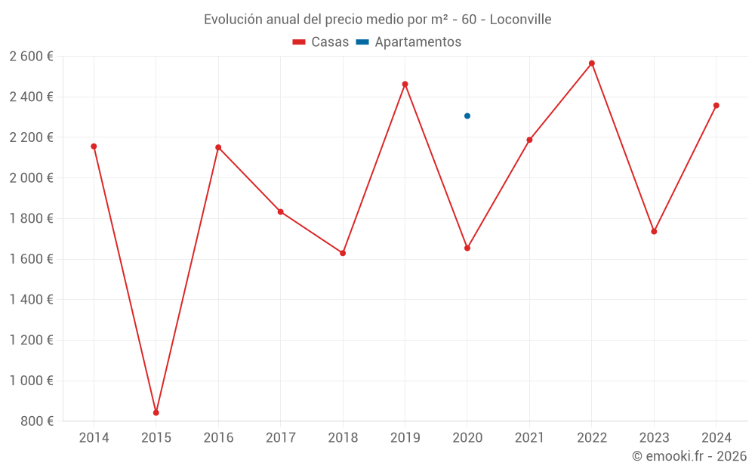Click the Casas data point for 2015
156,412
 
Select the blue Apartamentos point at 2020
467,116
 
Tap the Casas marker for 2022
592,63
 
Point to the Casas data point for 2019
405,84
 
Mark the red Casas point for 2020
467,248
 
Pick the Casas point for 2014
94,147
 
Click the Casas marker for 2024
716,106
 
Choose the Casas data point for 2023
654,231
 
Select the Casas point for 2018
343,253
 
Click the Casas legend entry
321,42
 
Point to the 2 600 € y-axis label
31,57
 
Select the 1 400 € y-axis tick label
31,300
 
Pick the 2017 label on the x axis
280,438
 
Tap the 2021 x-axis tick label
529,438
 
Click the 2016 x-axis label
218,438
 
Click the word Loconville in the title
520,19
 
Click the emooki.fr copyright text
689,456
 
